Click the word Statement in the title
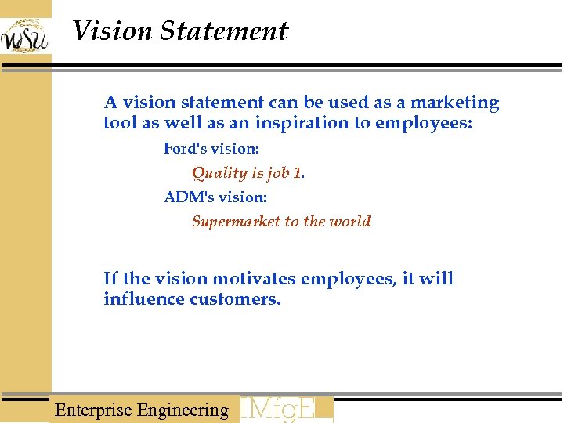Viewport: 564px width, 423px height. point(224,31)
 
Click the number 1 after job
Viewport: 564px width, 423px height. point(297,173)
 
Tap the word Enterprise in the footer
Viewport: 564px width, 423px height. point(93,410)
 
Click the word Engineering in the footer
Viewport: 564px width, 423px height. point(183,410)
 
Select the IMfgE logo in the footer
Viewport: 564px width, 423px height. point(285,409)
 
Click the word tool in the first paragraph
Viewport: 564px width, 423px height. point(120,124)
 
